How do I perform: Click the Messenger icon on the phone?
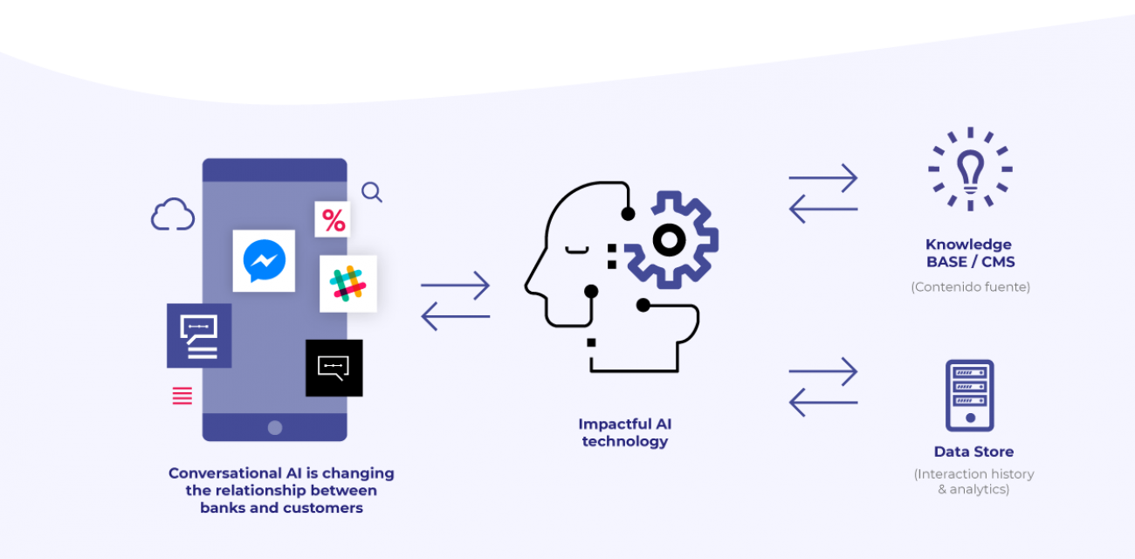pos(264,260)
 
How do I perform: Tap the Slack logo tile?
pos(347,283)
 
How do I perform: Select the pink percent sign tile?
pos(333,220)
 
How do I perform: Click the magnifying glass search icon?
pos(372,192)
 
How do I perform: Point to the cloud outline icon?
pos(173,215)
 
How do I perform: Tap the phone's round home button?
pos(275,427)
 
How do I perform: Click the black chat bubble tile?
pos(334,368)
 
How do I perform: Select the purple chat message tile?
pos(199,335)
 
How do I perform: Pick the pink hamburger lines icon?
pos(182,396)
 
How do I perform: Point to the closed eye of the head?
pos(577,250)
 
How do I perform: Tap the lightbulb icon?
pos(970,169)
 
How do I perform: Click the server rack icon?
pos(969,395)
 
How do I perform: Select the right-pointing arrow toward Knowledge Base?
pos(823,178)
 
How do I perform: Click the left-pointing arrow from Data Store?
pos(822,402)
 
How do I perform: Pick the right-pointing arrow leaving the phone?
pos(455,285)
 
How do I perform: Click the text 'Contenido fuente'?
pos(970,286)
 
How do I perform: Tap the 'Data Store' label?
pos(973,452)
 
